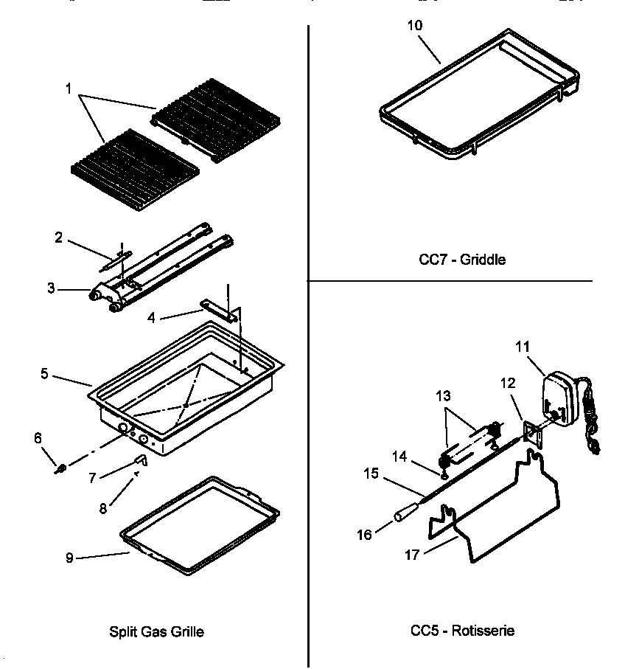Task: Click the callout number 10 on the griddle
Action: pos(415,24)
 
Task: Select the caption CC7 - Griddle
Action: pos(461,260)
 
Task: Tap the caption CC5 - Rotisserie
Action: pos(462,630)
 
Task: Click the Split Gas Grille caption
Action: pos(156,631)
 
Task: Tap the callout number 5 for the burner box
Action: pos(45,375)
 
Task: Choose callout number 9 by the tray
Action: pos(69,558)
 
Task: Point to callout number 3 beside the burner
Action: pos(52,288)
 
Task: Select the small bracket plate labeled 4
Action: pos(220,310)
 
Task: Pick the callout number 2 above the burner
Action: pos(58,238)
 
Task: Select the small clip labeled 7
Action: pos(142,461)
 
